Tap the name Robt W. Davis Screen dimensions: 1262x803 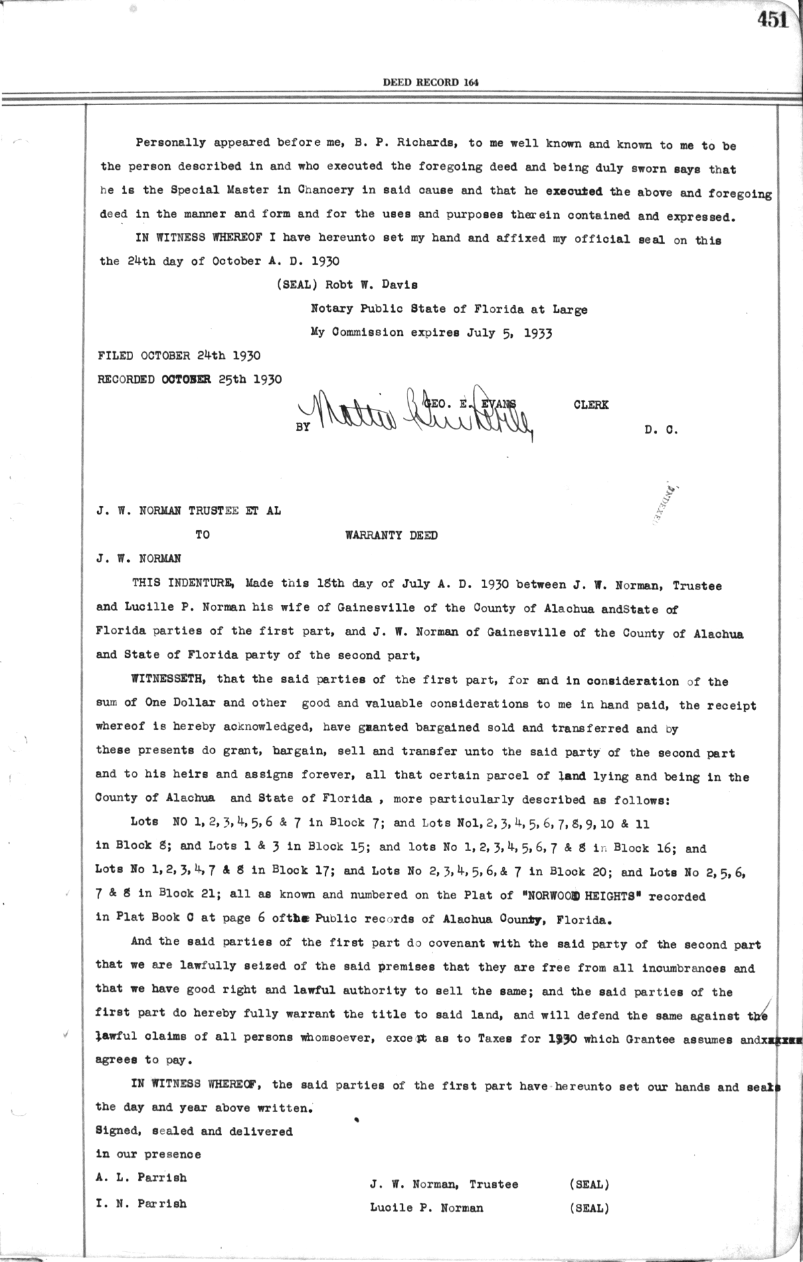pos(371,284)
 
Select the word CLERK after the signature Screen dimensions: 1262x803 pos(591,405)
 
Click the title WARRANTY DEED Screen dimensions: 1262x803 pos(391,535)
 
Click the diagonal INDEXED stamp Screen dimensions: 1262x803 pos(665,503)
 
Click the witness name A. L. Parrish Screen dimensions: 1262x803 pos(141,1177)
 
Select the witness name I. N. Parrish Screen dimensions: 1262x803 pos(141,1203)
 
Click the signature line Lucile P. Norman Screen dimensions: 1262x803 pos(426,1208)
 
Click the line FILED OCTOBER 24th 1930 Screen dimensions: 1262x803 pos(179,355)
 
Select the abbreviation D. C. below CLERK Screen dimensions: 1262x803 pos(662,430)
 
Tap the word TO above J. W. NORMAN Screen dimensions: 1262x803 pos(202,535)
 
